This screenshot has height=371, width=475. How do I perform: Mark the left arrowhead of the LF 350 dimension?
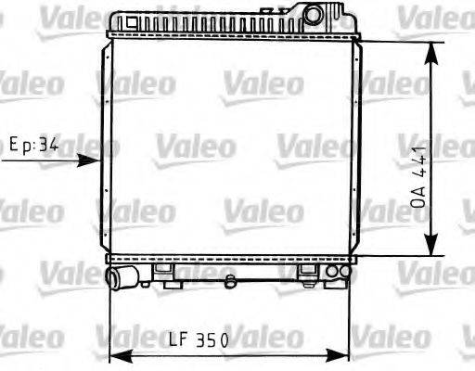(x=119, y=356)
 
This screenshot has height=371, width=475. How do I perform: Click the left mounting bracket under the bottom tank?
(x=165, y=272)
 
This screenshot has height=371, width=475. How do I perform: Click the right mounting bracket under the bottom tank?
(x=307, y=272)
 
